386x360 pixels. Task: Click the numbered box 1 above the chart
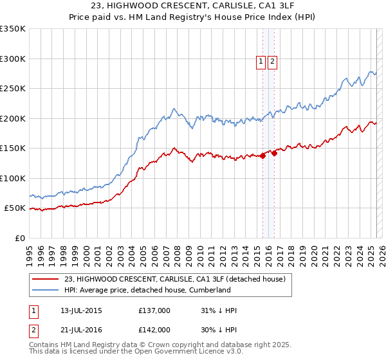[x=261, y=62]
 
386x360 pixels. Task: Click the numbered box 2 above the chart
[x=273, y=62]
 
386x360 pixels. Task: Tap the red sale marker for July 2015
[x=263, y=156]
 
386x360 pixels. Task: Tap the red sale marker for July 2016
[x=275, y=153]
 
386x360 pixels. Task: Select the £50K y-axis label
[x=15, y=208]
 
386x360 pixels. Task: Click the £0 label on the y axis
[x=20, y=238]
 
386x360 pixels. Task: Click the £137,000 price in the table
[x=154, y=311]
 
